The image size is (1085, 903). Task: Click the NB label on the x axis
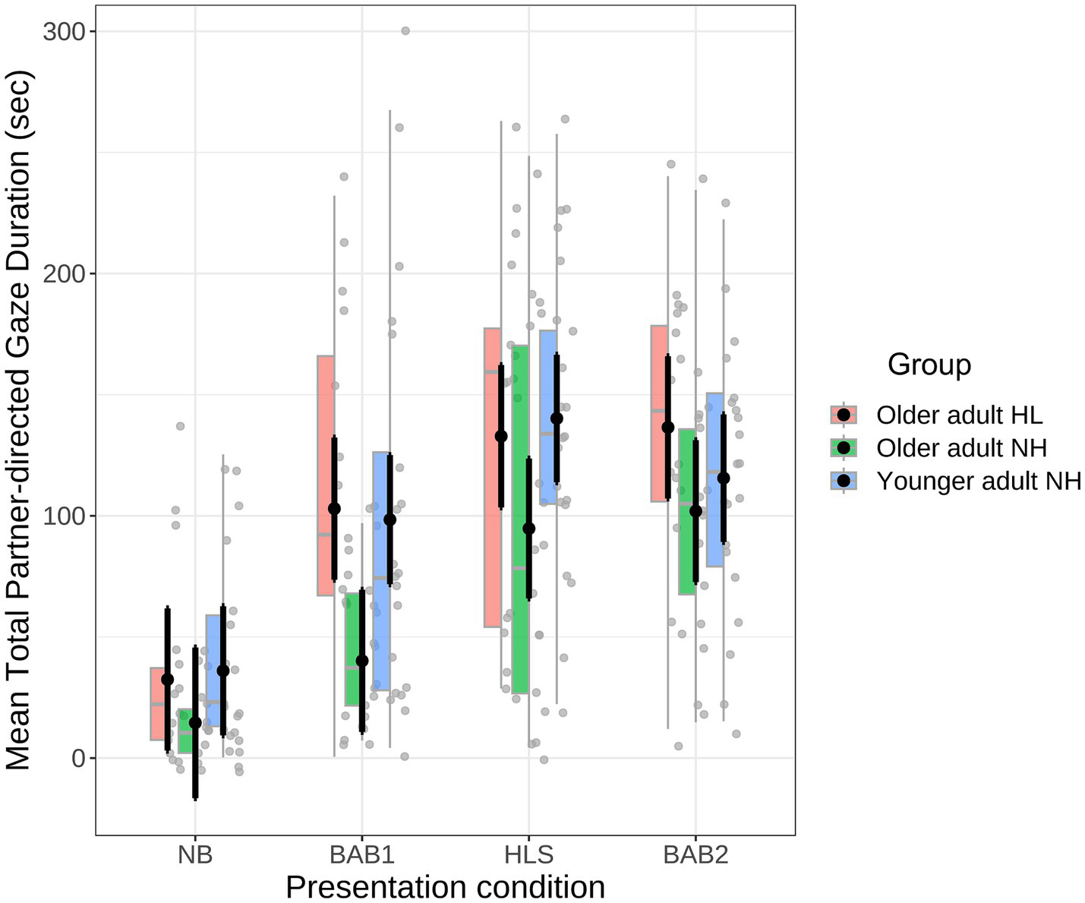click(x=195, y=855)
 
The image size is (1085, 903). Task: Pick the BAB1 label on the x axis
click(x=362, y=855)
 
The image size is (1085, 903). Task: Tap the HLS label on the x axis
click(x=529, y=855)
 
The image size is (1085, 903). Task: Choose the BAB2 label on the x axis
click(x=695, y=855)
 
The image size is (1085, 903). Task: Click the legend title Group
click(x=929, y=365)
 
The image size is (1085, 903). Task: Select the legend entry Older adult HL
click(x=959, y=415)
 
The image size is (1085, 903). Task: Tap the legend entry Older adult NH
click(x=961, y=448)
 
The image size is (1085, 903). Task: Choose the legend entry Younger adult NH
click(x=978, y=481)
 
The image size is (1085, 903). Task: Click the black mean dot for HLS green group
click(x=529, y=529)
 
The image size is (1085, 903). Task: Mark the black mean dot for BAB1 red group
click(x=334, y=509)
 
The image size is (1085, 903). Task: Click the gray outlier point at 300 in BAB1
click(x=405, y=31)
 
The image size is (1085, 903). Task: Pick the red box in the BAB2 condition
click(x=659, y=413)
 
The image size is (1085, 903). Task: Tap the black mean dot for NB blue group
click(x=223, y=671)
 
